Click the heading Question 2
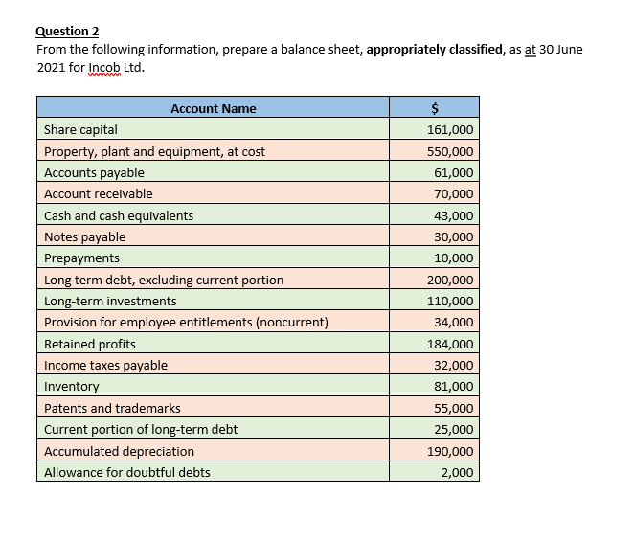point(67,31)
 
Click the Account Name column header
point(213,108)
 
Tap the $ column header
point(435,108)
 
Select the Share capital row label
point(80,129)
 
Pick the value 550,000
point(450,151)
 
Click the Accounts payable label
point(94,173)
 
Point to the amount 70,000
point(454,194)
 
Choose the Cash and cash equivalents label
point(119,215)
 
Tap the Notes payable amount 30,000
point(454,236)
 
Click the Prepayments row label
point(81,258)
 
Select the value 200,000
point(450,280)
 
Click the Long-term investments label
point(110,301)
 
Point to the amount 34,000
point(454,322)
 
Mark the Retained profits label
point(90,345)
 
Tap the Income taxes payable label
point(105,366)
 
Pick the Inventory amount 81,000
point(454,386)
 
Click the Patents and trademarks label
point(112,408)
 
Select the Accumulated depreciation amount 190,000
point(450,451)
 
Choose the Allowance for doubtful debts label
point(127,472)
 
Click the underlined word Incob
point(104,67)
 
